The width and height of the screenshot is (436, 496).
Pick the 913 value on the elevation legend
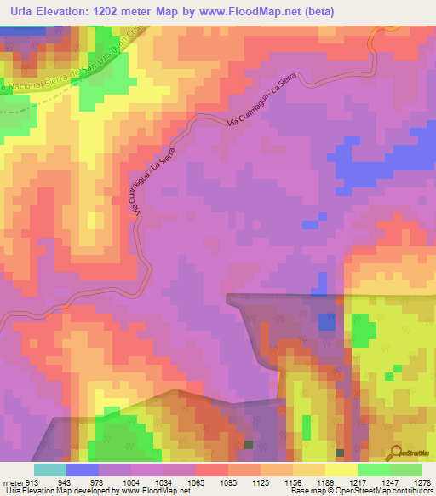click(26, 482)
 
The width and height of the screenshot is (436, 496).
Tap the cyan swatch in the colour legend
click(49, 470)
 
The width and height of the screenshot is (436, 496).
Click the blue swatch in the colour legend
click(82, 470)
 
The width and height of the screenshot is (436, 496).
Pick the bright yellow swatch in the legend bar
click(341, 470)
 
